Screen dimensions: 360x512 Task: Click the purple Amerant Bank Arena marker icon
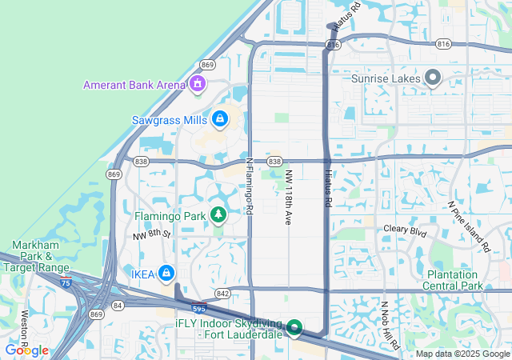pos(198,84)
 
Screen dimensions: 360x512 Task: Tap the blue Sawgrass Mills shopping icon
pos(219,120)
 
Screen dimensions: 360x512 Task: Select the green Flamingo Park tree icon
pos(218,215)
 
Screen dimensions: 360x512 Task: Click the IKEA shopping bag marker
pos(166,274)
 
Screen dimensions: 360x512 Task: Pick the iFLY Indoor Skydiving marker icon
pos(294,328)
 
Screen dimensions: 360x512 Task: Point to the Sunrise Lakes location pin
pos(433,78)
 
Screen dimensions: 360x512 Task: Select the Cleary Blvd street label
pos(406,230)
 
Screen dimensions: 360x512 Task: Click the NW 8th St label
pos(152,234)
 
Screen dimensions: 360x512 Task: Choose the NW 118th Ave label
pos(287,195)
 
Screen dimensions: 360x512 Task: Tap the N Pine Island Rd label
pos(468,226)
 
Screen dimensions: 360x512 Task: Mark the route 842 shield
pos(222,294)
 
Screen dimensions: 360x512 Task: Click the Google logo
pos(26,350)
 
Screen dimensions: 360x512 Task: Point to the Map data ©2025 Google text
pos(462,354)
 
